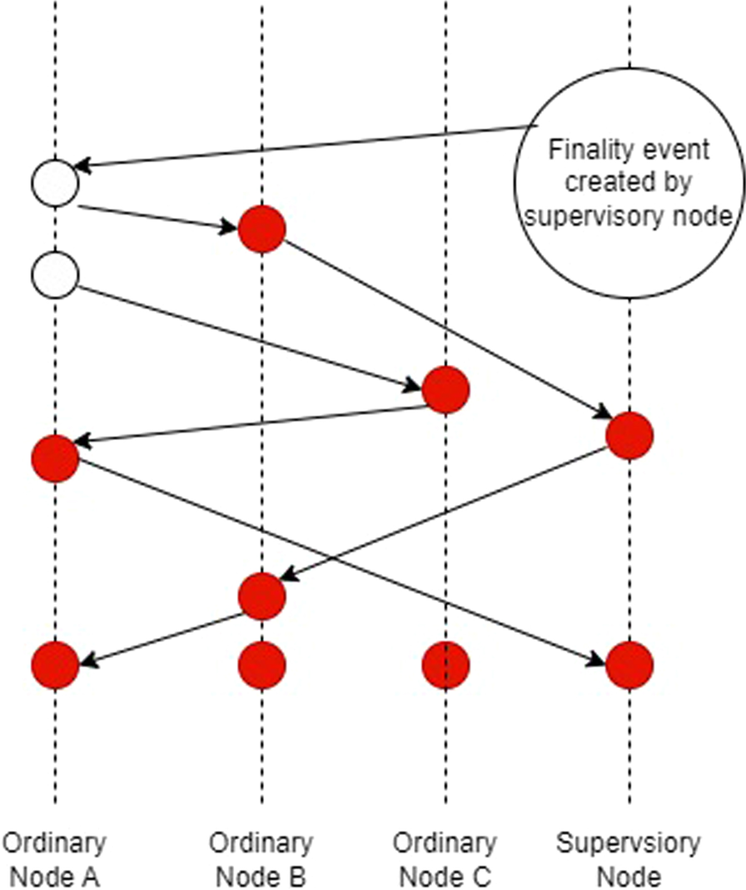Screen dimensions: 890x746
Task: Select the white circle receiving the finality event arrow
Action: pos(55,181)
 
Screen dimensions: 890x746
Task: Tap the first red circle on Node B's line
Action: pos(261,229)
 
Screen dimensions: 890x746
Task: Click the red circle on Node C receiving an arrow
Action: pos(445,389)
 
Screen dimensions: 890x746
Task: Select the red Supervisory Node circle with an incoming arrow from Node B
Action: pos(629,436)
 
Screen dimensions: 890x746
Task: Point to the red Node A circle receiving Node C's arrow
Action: pos(55,457)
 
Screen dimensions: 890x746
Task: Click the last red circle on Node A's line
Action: pos(55,665)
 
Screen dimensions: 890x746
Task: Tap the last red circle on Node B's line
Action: pos(261,665)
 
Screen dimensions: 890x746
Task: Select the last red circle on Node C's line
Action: pos(445,665)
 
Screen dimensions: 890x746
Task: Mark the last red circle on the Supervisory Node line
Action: pos(629,665)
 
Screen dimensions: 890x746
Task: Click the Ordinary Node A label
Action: pos(55,859)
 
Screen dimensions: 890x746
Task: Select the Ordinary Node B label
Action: pos(261,859)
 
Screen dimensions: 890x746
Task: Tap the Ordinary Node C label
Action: pos(445,859)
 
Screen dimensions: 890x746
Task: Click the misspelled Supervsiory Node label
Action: pos(629,859)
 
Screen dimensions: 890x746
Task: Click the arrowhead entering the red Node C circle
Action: pos(414,385)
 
